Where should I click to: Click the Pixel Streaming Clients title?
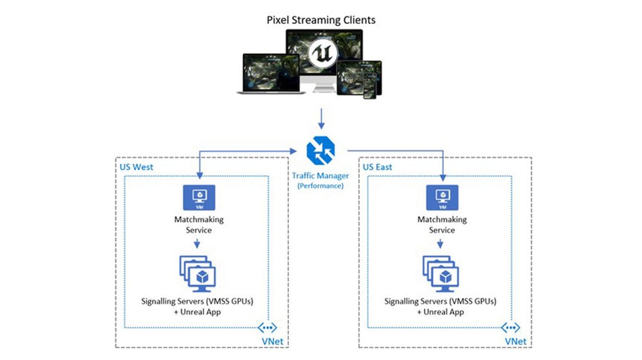coord(320,20)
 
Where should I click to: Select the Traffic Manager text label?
coord(320,177)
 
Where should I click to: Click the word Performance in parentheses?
coord(320,186)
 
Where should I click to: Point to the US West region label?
coord(136,167)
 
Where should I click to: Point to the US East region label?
coord(378,167)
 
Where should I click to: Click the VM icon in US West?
coord(199,197)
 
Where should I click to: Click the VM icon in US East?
coord(442,197)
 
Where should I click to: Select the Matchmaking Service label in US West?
coord(199,225)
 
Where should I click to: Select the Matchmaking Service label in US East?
coord(442,225)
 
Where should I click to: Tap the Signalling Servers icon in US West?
coord(197,272)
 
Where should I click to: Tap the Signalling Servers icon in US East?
coord(441,272)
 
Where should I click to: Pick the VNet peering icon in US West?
coord(268,327)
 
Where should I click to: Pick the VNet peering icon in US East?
coord(511,327)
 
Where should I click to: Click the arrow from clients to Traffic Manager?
coord(320,119)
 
